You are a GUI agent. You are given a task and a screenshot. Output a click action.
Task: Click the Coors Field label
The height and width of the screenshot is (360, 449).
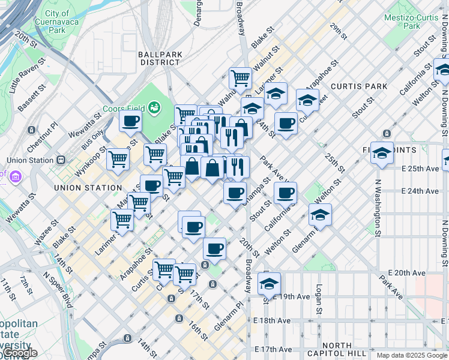tap(126, 108)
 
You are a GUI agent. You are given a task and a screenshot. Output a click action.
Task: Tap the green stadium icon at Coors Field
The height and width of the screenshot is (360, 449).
tap(154, 107)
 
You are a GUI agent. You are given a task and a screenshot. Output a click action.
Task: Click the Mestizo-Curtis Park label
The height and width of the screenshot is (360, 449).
tap(411, 22)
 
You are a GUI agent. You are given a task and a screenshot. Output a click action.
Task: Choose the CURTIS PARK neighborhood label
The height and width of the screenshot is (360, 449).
tap(359, 86)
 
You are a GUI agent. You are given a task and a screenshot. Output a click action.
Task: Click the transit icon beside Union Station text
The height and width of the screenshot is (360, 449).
tap(61, 160)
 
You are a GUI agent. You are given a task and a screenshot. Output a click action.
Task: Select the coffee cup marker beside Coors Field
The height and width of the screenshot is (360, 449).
tap(130, 121)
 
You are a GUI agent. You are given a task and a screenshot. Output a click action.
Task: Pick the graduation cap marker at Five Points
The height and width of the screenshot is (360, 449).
tap(382, 154)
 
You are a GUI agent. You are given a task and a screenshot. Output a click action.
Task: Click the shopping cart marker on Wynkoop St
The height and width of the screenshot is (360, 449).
tap(118, 159)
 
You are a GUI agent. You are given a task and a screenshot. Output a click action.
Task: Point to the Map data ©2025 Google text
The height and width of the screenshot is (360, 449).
tap(411, 355)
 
